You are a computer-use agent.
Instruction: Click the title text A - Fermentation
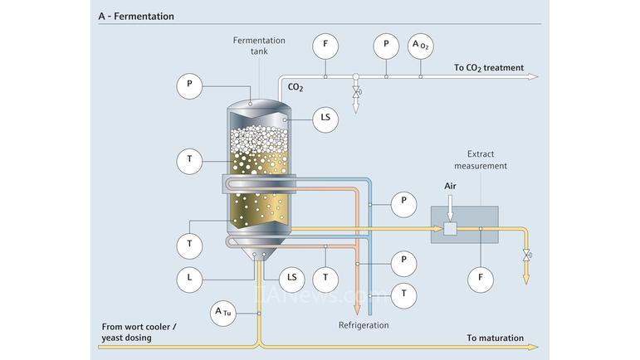[x=136, y=16]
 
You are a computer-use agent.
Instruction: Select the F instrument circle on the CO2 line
[x=325, y=46]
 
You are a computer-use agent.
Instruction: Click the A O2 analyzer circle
[x=421, y=46]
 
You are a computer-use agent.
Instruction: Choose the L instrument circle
[x=189, y=279]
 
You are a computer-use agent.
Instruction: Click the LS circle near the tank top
[x=325, y=119]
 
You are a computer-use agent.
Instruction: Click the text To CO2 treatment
[x=489, y=68]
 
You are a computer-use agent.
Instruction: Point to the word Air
[x=450, y=187]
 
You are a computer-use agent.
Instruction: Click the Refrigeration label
[x=363, y=325]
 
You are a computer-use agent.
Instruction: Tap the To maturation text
[x=495, y=338]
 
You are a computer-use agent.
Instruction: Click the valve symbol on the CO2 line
[x=356, y=92]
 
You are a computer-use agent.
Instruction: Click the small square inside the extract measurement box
[x=450, y=230]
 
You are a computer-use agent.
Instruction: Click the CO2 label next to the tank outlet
[x=295, y=86]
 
